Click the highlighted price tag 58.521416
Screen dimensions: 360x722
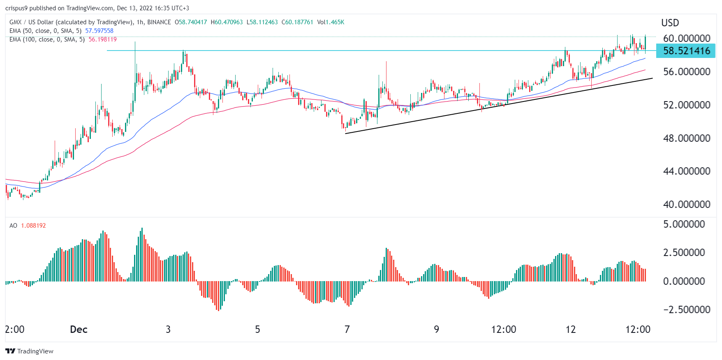click(x=686, y=51)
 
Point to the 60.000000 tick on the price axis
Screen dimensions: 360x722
click(x=687, y=38)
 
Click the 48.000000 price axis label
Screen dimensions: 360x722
click(x=687, y=138)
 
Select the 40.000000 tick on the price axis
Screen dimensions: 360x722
click(x=687, y=204)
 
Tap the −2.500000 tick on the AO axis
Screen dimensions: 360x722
click(x=687, y=309)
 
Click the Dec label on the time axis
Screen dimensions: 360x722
click(x=79, y=329)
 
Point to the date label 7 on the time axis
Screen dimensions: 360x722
click(x=347, y=329)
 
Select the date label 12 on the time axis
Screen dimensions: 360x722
click(x=570, y=329)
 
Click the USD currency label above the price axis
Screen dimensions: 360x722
click(x=670, y=23)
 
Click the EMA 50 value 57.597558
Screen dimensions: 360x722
click(x=99, y=31)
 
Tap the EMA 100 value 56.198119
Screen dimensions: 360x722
click(x=102, y=39)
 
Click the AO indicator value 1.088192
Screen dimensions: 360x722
click(x=33, y=226)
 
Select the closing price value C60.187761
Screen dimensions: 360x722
click(x=297, y=22)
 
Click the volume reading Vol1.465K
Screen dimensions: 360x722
click(x=331, y=22)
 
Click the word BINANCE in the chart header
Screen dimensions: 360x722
click(x=159, y=22)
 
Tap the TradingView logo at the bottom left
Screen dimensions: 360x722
click(x=29, y=351)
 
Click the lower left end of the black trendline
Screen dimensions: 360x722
click(x=346, y=133)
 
